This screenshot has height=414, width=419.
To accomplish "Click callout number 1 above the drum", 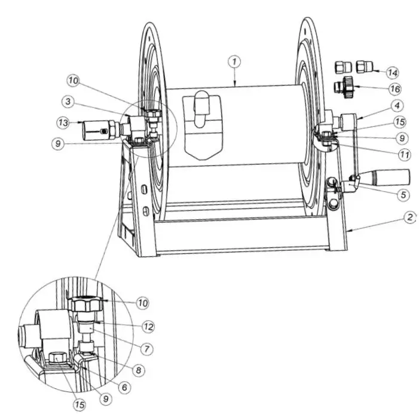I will (236, 60).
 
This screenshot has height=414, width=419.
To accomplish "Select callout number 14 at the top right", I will (392, 72).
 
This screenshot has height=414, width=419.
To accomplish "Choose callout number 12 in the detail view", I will (149, 327).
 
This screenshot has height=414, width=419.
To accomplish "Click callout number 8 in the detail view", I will (139, 370).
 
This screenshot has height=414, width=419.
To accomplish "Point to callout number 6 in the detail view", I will (124, 387).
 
